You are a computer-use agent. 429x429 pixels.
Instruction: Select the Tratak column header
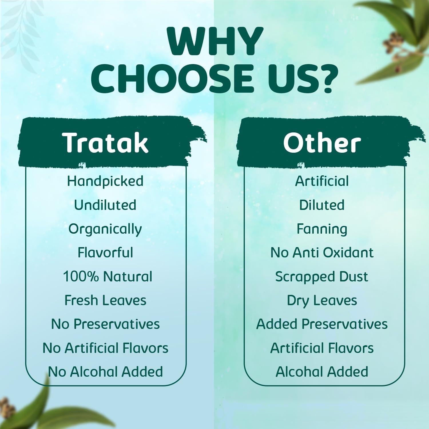coord(106,142)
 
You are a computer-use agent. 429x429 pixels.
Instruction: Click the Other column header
coord(322,142)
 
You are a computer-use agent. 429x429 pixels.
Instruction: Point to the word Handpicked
coord(105,181)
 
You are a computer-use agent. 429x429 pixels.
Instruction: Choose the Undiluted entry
coord(105,205)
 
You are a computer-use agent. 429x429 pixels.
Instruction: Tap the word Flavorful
coord(105,253)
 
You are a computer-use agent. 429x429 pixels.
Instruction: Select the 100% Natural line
coord(108,277)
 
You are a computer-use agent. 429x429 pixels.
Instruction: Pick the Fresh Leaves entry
coord(105,300)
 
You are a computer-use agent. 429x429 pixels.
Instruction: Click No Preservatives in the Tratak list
coord(105,324)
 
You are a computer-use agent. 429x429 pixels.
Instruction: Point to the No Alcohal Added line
coord(105,372)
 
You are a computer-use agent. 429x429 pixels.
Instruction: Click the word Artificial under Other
coord(322,181)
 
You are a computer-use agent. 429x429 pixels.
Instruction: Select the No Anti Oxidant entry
coord(322,253)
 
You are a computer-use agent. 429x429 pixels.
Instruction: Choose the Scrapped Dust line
coord(322,277)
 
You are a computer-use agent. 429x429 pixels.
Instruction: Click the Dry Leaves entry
coord(322,300)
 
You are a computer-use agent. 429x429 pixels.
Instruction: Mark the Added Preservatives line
coord(322,324)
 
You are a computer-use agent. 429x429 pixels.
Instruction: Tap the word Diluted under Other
coord(322,205)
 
